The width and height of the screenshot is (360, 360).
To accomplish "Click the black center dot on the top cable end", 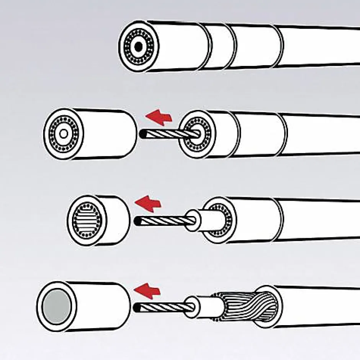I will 138,47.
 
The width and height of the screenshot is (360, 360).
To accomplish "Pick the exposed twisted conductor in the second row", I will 169,134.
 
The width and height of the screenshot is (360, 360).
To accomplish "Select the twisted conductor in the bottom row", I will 161,307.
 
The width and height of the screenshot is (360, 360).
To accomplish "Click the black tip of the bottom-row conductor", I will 137,307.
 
